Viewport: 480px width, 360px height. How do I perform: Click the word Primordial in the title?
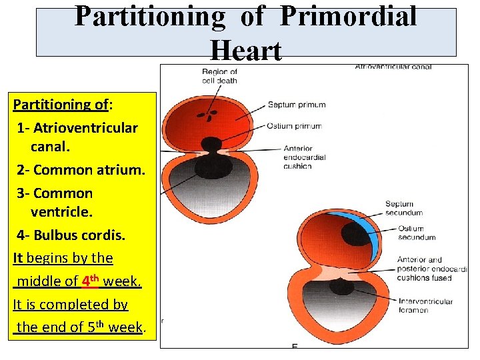click(x=348, y=16)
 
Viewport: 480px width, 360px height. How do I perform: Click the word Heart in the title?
click(x=245, y=50)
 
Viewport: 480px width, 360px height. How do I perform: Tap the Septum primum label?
click(x=297, y=105)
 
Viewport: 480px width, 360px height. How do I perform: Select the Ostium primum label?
click(x=294, y=126)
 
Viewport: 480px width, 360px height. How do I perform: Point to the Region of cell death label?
click(x=219, y=76)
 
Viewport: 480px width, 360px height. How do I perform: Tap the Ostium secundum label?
click(x=416, y=233)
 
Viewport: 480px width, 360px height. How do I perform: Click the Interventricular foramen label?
click(x=425, y=306)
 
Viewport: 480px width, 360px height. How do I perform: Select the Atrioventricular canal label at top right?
click(x=393, y=67)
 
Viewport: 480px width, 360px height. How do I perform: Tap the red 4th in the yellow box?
click(x=90, y=281)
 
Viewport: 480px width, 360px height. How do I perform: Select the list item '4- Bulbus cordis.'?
click(x=71, y=235)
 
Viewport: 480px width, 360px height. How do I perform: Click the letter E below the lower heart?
click(x=294, y=346)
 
